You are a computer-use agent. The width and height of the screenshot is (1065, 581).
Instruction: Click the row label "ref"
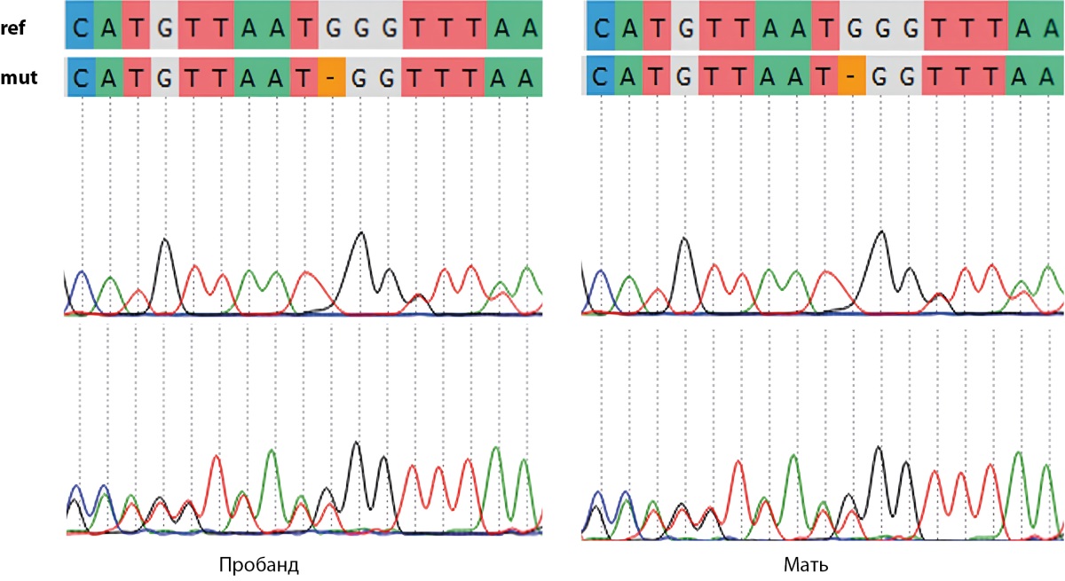pos(12,28)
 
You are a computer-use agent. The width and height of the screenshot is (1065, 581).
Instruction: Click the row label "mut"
pos(19,77)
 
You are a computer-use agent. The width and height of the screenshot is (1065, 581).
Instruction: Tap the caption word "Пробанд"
pos(259,565)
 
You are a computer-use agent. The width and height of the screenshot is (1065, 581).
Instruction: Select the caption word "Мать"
pos(806,565)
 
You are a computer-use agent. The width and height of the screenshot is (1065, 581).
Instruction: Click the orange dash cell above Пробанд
pos(331,77)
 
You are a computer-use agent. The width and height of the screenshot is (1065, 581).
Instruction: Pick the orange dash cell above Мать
pos(851,76)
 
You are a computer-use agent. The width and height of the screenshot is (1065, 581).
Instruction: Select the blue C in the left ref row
pos(80,25)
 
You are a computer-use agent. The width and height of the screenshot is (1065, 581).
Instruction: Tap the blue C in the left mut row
pos(82,77)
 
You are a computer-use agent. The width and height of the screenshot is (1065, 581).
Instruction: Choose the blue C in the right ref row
pos(601,25)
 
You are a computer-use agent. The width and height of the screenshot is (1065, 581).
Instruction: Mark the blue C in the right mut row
pos(601,76)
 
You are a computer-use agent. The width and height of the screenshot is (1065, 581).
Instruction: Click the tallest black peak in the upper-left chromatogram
pos(361,232)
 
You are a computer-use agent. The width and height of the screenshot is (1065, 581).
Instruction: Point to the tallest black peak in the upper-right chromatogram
pos(882,232)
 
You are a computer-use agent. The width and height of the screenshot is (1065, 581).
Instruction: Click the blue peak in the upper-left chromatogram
pos(83,271)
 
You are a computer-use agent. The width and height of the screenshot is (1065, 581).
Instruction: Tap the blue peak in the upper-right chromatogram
pos(602,271)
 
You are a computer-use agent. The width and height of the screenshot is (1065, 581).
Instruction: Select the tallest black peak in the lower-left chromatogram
pos(356,443)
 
